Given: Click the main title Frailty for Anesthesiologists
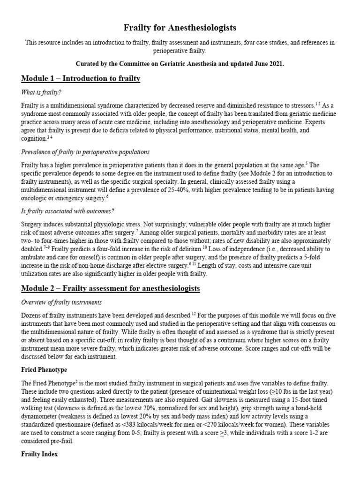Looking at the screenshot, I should pos(180,28).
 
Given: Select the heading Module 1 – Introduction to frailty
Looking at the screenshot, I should pos(80,78).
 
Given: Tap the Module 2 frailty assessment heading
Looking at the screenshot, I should pos(110,288).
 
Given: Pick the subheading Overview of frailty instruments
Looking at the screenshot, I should pos(61,302).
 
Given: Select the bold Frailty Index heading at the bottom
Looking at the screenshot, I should pos(39,454).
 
